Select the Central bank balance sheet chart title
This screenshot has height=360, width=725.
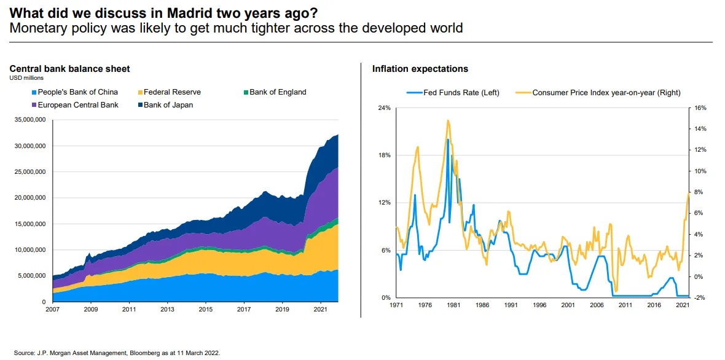click(x=69, y=69)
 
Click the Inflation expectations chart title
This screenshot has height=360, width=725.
click(x=420, y=69)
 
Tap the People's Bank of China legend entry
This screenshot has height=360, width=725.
click(x=77, y=92)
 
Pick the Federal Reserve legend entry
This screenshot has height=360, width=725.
click(x=172, y=92)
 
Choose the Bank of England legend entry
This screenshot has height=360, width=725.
click(x=278, y=92)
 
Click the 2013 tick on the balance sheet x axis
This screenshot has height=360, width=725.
click(x=168, y=309)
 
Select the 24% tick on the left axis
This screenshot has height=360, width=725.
click(x=384, y=108)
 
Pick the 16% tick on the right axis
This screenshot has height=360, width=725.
click(x=700, y=108)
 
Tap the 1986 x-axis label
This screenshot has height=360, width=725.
click(x=482, y=305)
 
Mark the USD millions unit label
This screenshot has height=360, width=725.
click(x=26, y=78)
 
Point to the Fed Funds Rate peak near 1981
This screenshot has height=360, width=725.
click(x=448, y=140)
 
